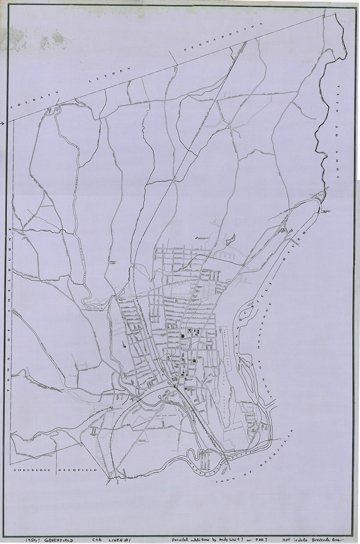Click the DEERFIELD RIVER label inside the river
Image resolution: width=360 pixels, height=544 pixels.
click(213, 463)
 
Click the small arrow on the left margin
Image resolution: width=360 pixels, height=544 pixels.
click(2, 124)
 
